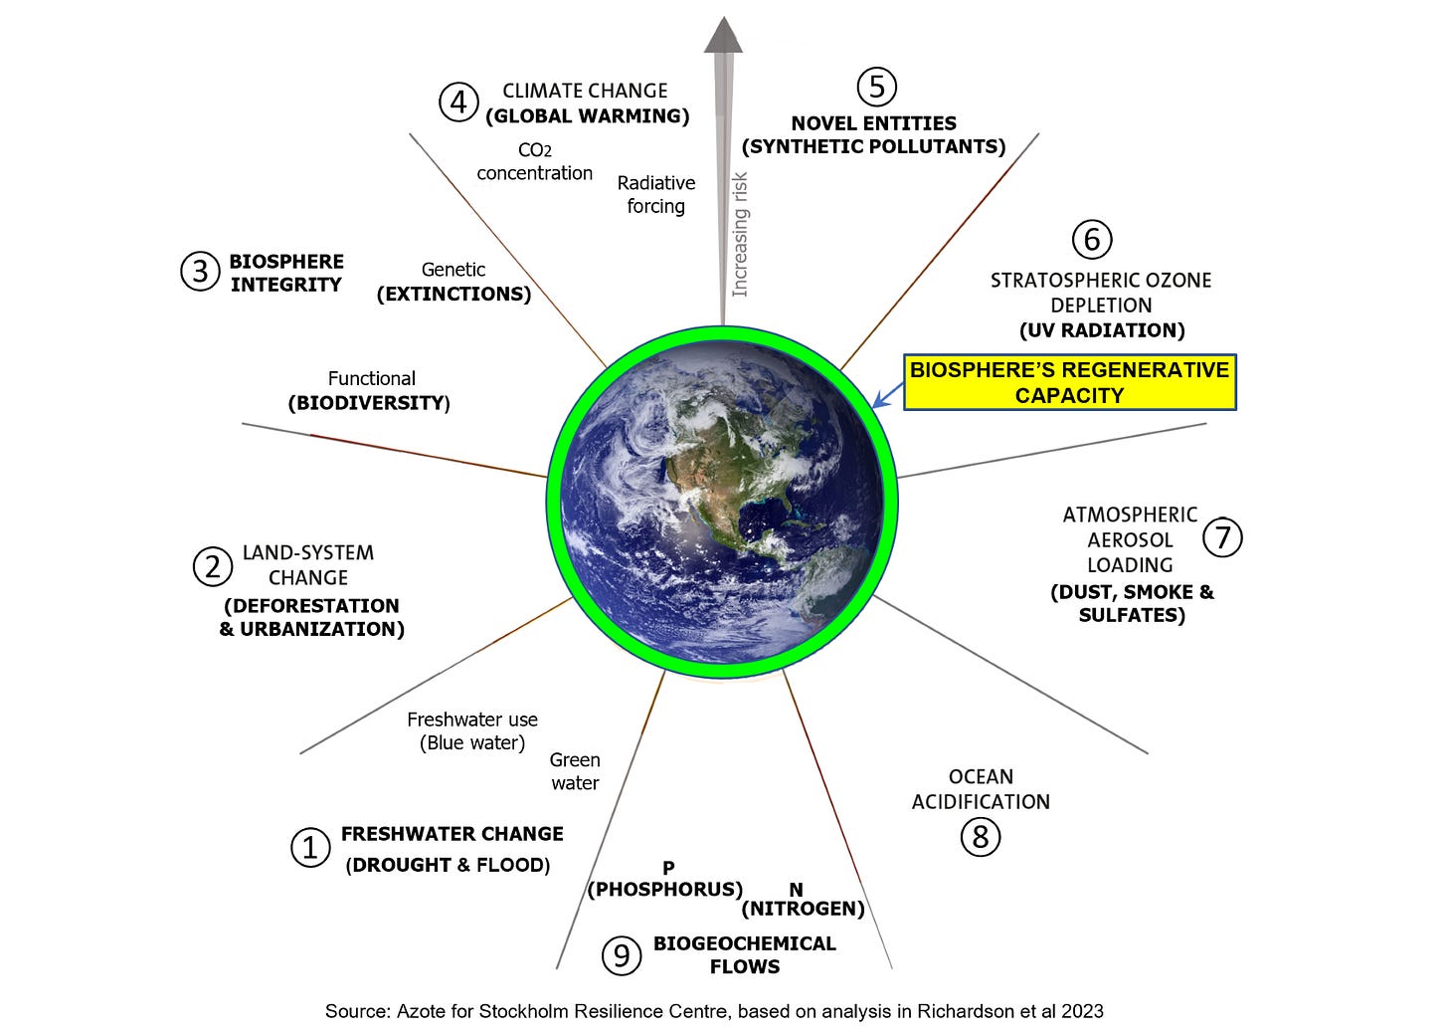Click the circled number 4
click(458, 103)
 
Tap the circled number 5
click(876, 87)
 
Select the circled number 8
click(981, 837)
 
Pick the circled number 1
click(310, 848)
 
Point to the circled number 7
click(1222, 537)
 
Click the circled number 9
click(622, 955)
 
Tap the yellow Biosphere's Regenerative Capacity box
click(1069, 382)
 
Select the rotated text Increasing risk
click(740, 235)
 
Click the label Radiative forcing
click(655, 195)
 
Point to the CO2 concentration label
click(534, 162)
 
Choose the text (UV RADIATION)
click(1102, 330)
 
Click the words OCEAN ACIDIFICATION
click(981, 789)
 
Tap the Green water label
click(575, 771)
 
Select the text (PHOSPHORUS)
click(665, 889)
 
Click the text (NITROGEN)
click(803, 909)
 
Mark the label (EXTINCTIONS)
click(453, 295)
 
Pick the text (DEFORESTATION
click(311, 606)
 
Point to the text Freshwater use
click(472, 720)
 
